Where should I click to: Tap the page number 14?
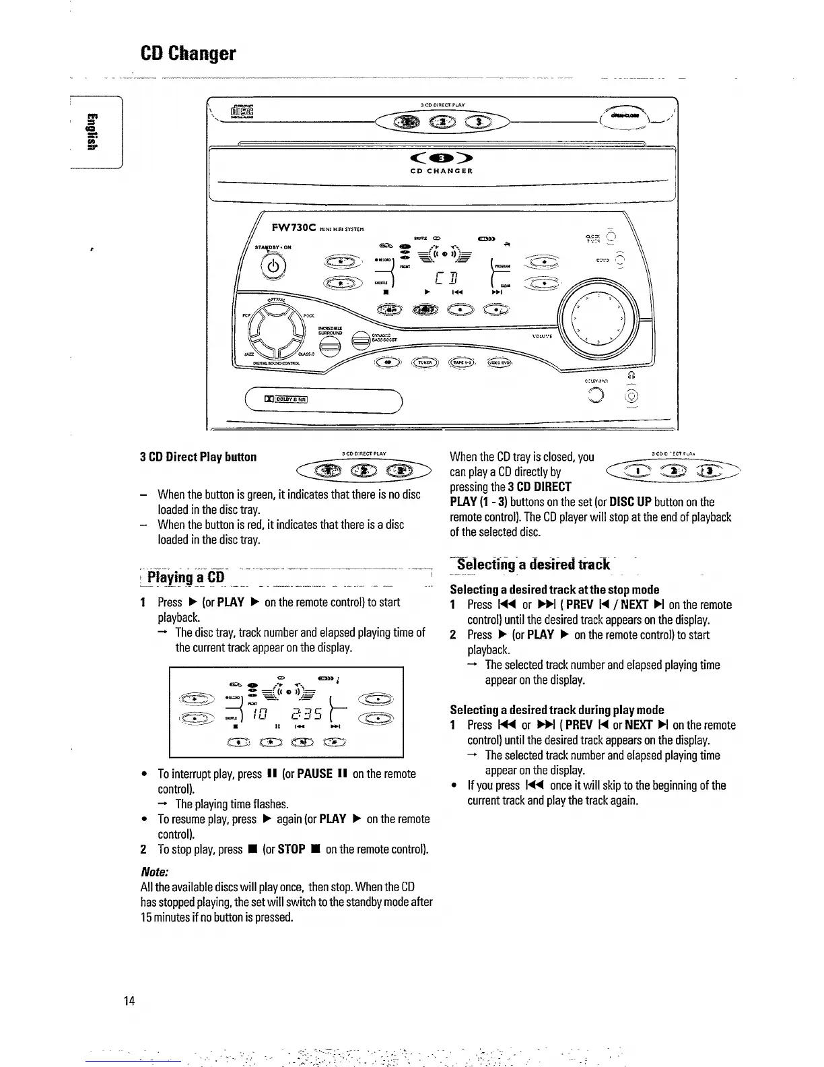tap(129, 1001)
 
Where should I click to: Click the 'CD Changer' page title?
tap(188, 53)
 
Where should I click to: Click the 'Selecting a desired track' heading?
tap(533, 564)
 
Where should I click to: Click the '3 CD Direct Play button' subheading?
tap(198, 457)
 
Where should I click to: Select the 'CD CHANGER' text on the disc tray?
tap(442, 171)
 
